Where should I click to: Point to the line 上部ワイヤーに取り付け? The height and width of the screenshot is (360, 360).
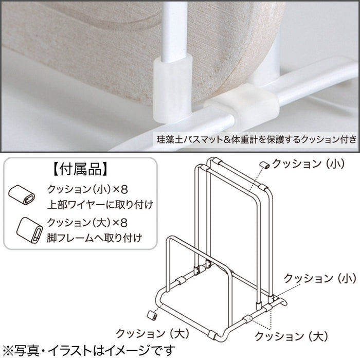pos(100,205)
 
